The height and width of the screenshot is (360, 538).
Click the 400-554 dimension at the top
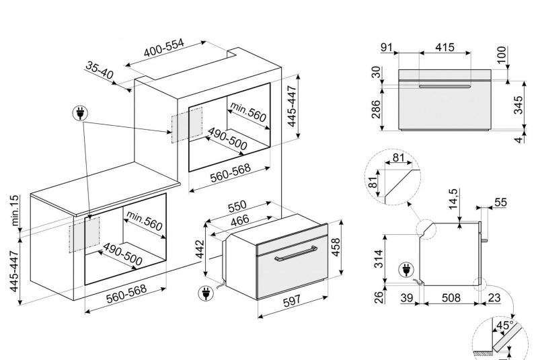(164, 48)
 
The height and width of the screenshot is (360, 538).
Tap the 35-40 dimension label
(99, 70)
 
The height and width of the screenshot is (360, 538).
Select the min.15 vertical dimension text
(15, 211)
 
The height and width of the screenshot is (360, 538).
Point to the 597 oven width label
(292, 301)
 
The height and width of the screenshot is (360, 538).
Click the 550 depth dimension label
(237, 206)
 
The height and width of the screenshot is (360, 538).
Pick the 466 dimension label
(240, 220)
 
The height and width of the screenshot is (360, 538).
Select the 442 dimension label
(200, 249)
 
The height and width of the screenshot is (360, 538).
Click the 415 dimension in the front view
(445, 47)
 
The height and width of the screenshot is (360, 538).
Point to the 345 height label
(518, 105)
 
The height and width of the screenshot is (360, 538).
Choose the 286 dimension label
(376, 109)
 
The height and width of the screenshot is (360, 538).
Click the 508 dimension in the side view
(451, 297)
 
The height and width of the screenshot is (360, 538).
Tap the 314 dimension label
(378, 259)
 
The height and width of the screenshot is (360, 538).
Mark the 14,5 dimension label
(453, 199)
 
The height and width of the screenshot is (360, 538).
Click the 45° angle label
(505, 324)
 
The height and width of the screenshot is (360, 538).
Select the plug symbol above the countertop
(80, 113)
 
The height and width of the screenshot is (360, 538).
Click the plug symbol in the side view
(406, 270)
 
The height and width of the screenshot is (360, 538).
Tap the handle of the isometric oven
(295, 253)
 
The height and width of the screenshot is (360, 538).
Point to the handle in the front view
(445, 86)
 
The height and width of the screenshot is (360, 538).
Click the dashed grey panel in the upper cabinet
(187, 124)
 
